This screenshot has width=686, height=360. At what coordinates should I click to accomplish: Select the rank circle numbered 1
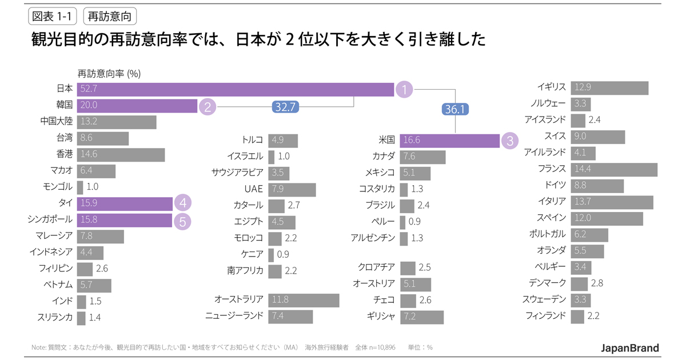pyautogui.click(x=404, y=89)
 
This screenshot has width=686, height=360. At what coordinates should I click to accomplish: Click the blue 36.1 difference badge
pyautogui.click(x=454, y=109)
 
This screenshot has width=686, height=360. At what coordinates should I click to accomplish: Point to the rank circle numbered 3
pyautogui.click(x=510, y=141)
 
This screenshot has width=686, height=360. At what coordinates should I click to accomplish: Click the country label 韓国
pyautogui.click(x=65, y=105)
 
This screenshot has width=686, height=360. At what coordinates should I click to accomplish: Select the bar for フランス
pyautogui.click(x=614, y=169)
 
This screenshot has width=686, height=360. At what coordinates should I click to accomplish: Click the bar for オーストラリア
pyautogui.click(x=304, y=300)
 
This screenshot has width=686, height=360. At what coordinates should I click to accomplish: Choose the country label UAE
pyautogui.click(x=253, y=189)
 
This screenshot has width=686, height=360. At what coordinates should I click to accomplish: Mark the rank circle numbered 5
pyautogui.click(x=182, y=221)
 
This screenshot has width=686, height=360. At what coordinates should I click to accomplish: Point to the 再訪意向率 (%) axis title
pyautogui.click(x=109, y=73)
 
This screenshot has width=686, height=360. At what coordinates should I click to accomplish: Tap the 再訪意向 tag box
pyautogui.click(x=110, y=17)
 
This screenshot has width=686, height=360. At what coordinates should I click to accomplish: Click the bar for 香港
pyautogui.click(x=121, y=154)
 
